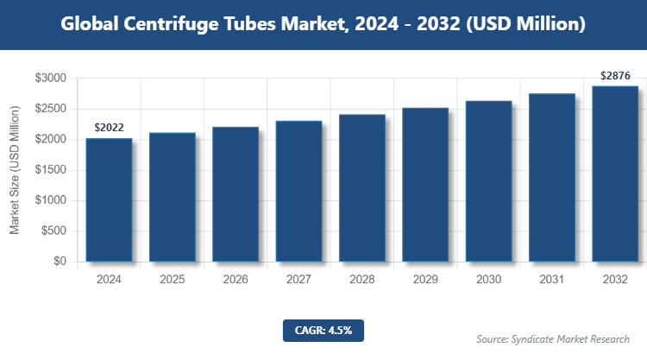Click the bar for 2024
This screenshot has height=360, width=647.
[109, 200]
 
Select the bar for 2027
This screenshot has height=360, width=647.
[298, 192]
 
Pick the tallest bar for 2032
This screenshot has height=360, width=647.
[615, 174]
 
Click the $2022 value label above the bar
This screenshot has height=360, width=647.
[109, 128]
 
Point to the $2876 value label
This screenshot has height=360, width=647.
[615, 76]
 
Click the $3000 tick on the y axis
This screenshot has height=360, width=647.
[50, 79]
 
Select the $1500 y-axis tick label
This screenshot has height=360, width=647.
[50, 170]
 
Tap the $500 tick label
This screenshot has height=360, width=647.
[53, 231]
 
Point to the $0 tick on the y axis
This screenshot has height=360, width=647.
[59, 262]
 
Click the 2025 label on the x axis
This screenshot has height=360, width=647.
[172, 280]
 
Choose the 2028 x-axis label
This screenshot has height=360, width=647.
[361, 280]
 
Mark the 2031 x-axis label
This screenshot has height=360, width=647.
[551, 280]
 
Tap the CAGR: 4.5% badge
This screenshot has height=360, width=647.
[323, 330]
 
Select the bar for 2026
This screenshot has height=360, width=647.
[236, 195]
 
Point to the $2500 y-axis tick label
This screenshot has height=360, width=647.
[50, 109]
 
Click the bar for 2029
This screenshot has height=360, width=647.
[425, 186]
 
